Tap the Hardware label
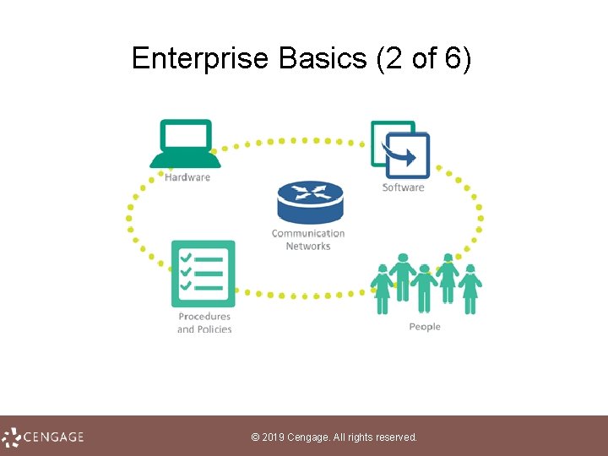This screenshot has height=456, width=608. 187,177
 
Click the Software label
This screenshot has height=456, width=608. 403,187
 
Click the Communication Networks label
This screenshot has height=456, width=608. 308,240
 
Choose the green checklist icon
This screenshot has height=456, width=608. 203,274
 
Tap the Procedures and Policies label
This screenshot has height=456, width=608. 204,323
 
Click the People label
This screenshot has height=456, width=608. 425,327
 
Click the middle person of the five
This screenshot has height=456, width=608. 425,287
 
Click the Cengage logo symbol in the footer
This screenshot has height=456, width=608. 11,437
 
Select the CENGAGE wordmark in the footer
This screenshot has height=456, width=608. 54,437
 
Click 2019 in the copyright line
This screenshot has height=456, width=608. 274,437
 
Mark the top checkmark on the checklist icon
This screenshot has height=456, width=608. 187,257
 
